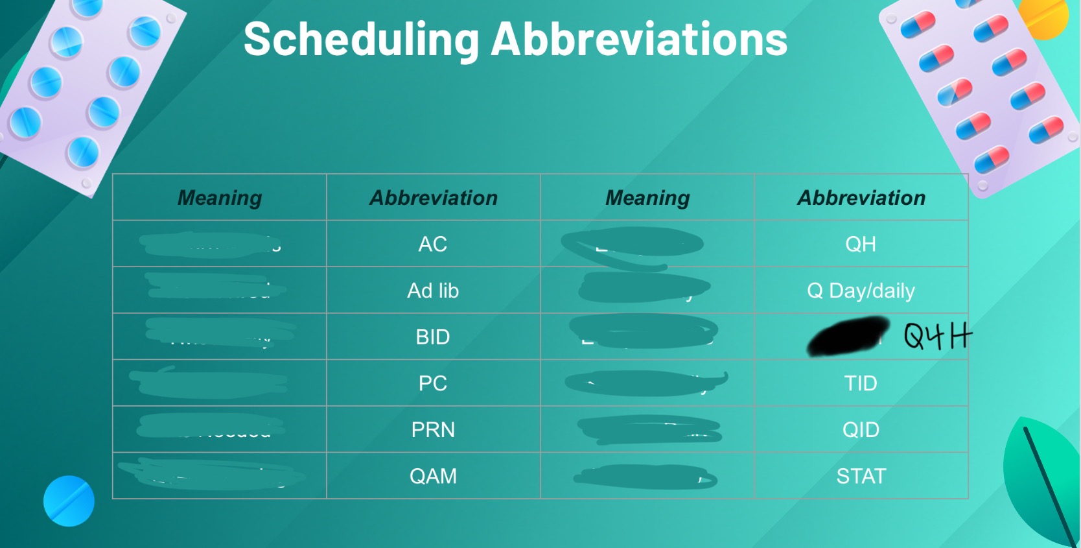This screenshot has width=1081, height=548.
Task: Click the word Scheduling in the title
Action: coord(361,40)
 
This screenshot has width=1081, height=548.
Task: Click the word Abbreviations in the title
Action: coord(639,40)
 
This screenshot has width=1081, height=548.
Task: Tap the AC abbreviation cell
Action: coord(433,244)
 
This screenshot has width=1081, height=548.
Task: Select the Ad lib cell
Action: coord(433,291)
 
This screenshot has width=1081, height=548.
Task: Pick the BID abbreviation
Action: coord(433,337)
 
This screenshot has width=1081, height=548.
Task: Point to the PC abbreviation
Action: coord(433,383)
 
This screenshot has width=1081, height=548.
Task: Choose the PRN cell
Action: coord(433,430)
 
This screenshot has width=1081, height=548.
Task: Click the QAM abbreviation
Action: coord(433,477)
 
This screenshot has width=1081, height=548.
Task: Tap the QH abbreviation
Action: coord(861,244)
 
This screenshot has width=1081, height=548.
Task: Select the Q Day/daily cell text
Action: coord(861,291)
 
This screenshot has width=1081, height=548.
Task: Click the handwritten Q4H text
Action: coord(937,336)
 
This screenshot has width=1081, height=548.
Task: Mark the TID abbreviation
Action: coord(861,383)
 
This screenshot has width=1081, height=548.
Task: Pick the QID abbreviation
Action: coord(861,430)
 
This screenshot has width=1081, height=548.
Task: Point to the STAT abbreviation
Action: coord(861,477)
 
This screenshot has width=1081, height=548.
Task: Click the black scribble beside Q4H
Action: coord(848,336)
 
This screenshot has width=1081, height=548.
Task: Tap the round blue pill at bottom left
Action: coord(69,501)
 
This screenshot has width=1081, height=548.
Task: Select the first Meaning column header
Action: coord(220,198)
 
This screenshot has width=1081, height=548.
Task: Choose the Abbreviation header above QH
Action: coord(861,198)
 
